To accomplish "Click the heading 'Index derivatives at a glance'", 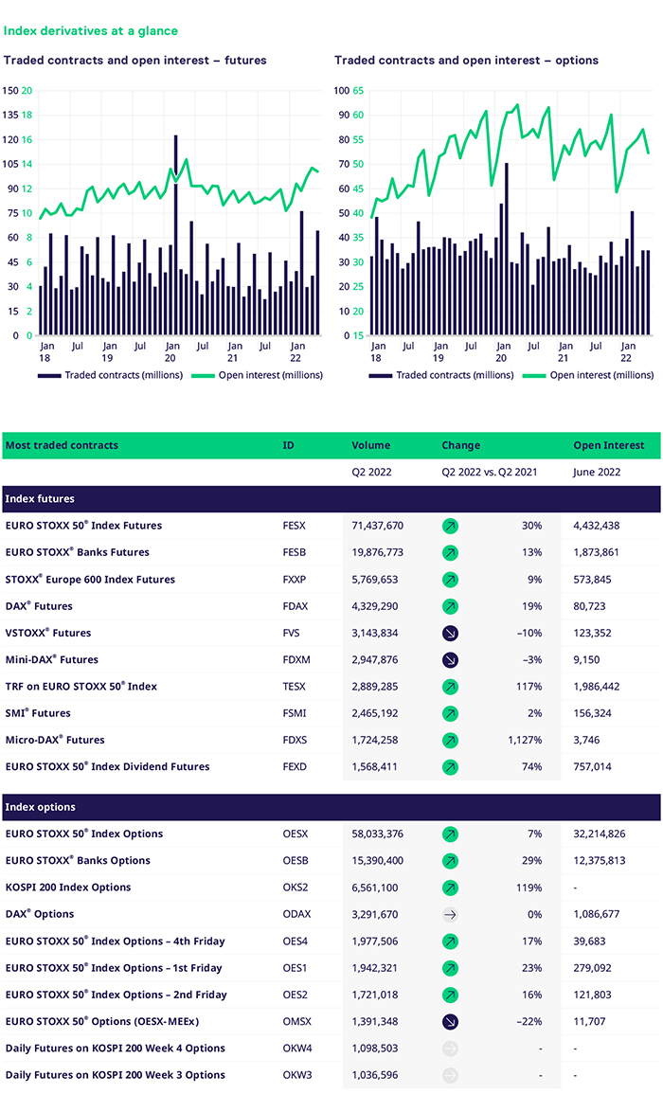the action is click(91, 30).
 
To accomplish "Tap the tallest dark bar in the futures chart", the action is click(176, 235).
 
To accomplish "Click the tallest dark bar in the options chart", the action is click(507, 249).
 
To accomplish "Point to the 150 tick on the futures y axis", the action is click(10, 91).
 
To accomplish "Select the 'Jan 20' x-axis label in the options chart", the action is click(503, 351).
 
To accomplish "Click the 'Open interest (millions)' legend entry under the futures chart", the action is click(257, 375).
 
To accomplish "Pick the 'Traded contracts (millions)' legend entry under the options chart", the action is click(441, 375).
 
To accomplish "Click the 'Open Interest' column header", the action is click(609, 445).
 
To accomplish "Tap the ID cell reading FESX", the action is click(295, 526).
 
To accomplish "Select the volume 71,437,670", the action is click(377, 526).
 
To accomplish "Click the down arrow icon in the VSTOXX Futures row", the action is click(450, 634).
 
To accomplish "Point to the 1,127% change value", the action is click(525, 740).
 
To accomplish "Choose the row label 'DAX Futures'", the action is click(39, 606).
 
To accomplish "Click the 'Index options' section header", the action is click(41, 807).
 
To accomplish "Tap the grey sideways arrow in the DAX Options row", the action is click(450, 915).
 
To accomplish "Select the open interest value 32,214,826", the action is click(600, 834).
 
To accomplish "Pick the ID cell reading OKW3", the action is click(297, 1075).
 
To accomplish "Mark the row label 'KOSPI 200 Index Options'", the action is click(68, 888).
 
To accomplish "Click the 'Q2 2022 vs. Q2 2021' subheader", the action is click(490, 473).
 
